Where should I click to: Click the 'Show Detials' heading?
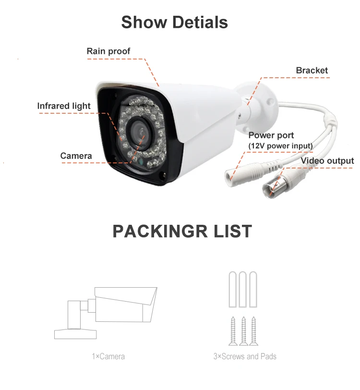point(174,22)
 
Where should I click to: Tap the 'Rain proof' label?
point(108,51)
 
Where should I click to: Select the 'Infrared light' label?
point(64,106)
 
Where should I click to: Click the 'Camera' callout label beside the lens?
point(76,156)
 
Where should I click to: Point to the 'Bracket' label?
point(312,71)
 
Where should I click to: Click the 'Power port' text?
point(271,135)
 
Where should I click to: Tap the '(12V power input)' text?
point(280,146)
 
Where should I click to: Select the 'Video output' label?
point(327,161)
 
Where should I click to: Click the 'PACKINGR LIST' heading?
point(182,231)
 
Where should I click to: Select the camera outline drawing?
point(106,313)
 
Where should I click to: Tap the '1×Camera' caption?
point(108,356)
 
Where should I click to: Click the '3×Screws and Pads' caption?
point(245,356)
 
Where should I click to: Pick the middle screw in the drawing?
point(243,331)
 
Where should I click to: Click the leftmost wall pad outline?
point(233,289)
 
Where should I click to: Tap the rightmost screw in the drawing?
point(253,331)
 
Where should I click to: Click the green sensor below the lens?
point(141,162)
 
